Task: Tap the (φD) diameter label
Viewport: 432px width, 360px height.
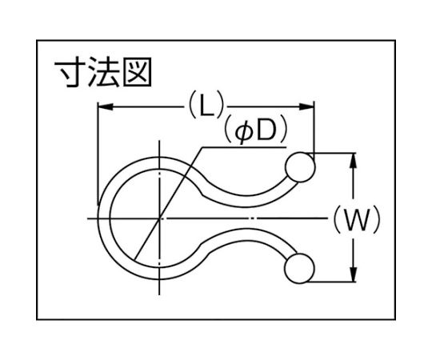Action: [x=256, y=131]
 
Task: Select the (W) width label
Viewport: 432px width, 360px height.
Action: [x=357, y=219]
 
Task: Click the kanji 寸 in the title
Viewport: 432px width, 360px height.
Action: [x=70, y=73]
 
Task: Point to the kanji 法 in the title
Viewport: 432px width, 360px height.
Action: [x=103, y=73]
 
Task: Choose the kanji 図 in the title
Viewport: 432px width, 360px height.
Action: [x=137, y=72]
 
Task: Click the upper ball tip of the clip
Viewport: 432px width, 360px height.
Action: [x=300, y=167]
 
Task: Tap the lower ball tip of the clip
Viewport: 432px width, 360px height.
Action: [x=300, y=269]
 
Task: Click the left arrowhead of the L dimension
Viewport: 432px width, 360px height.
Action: [x=106, y=107]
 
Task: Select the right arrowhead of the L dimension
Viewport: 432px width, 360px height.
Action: [x=306, y=107]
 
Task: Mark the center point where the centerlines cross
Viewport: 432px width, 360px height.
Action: [x=159, y=218]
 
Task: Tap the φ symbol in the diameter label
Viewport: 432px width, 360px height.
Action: [x=243, y=132]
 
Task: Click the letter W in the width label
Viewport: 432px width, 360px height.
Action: [x=357, y=219]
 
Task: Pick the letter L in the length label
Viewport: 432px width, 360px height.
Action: [x=206, y=106]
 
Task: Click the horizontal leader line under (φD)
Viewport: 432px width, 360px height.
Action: [x=244, y=148]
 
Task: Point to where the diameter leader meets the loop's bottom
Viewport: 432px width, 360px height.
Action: [x=135, y=259]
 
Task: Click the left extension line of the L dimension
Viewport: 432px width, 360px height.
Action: [x=98, y=154]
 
